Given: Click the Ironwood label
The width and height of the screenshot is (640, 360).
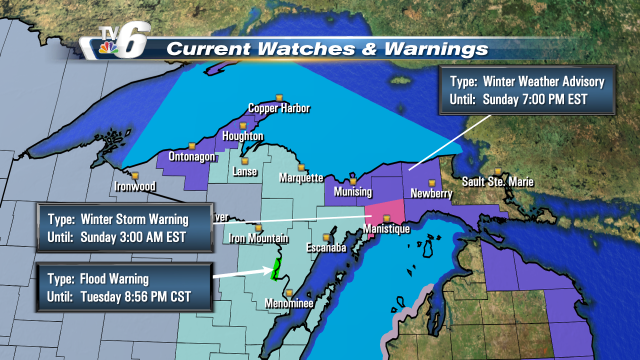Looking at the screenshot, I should point(137,186).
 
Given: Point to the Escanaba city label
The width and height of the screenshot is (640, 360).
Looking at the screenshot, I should point(324,247).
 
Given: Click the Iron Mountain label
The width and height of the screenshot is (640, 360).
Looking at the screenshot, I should point(254,237).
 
